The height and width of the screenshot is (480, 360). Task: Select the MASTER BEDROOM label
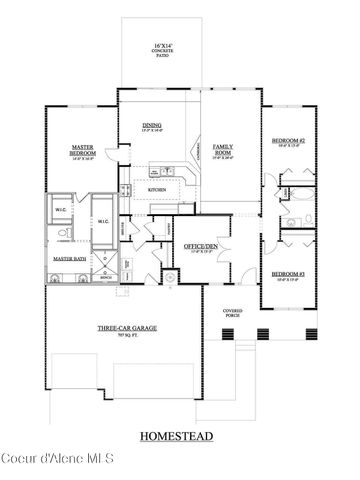[82, 151]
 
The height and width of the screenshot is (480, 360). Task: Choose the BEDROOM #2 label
[288, 141]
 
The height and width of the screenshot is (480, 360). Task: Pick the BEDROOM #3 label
[288, 273]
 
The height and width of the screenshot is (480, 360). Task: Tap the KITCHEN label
[157, 189]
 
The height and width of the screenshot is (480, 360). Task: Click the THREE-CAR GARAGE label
[124, 327]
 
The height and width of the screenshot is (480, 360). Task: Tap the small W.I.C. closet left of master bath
[60, 210]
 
